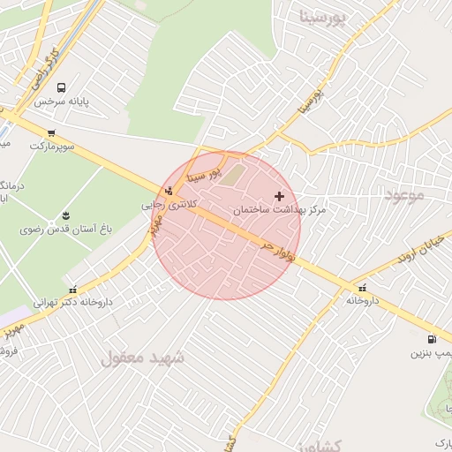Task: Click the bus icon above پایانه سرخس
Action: point(61,87)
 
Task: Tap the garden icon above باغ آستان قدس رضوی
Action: point(64,215)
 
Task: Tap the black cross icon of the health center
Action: point(280,196)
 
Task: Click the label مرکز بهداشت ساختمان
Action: point(280,210)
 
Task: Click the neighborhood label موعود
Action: point(405,193)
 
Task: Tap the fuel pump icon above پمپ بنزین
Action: point(431,340)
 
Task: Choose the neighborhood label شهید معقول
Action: point(142,358)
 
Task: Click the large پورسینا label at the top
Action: point(327,16)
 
